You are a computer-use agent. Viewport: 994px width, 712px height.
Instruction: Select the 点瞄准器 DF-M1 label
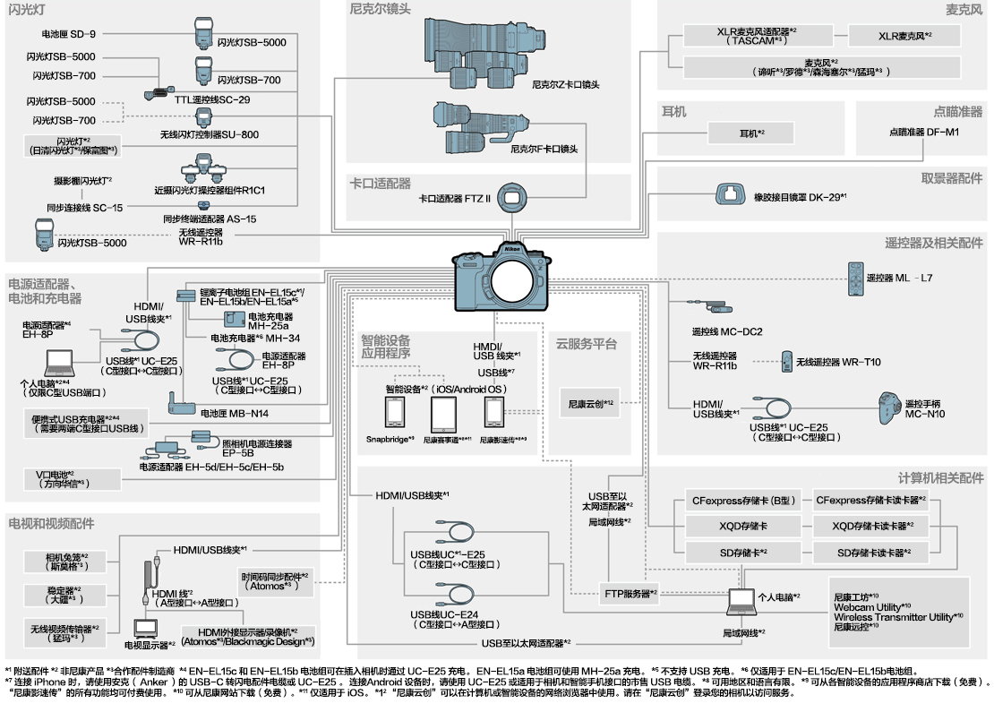point(923,132)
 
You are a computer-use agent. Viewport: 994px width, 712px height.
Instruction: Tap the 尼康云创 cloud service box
point(588,403)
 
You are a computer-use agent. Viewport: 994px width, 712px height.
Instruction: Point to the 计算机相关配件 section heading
point(939,478)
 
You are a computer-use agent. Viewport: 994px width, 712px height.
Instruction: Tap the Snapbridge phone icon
point(396,414)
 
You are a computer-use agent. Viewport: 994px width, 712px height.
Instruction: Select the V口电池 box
point(73,478)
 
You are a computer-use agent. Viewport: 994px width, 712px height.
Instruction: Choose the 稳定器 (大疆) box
point(65,595)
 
